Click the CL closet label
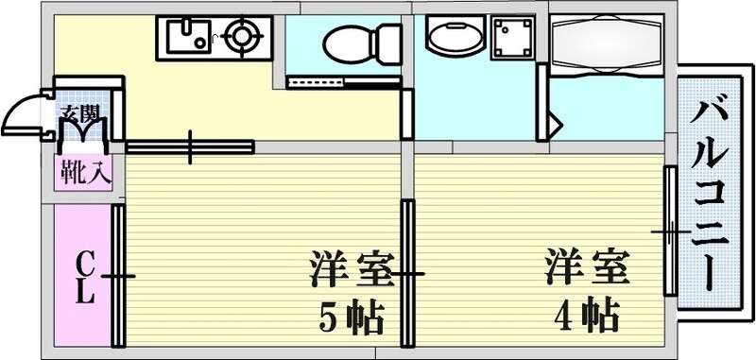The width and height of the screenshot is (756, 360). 84,276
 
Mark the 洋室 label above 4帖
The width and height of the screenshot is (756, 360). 586,267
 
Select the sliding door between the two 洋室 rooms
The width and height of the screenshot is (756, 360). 407,274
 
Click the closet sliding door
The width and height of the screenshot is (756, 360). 118,276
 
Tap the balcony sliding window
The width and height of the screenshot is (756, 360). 669,231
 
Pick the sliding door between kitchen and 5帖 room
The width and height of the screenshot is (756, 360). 190,146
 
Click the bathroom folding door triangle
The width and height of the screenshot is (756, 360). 553,123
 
